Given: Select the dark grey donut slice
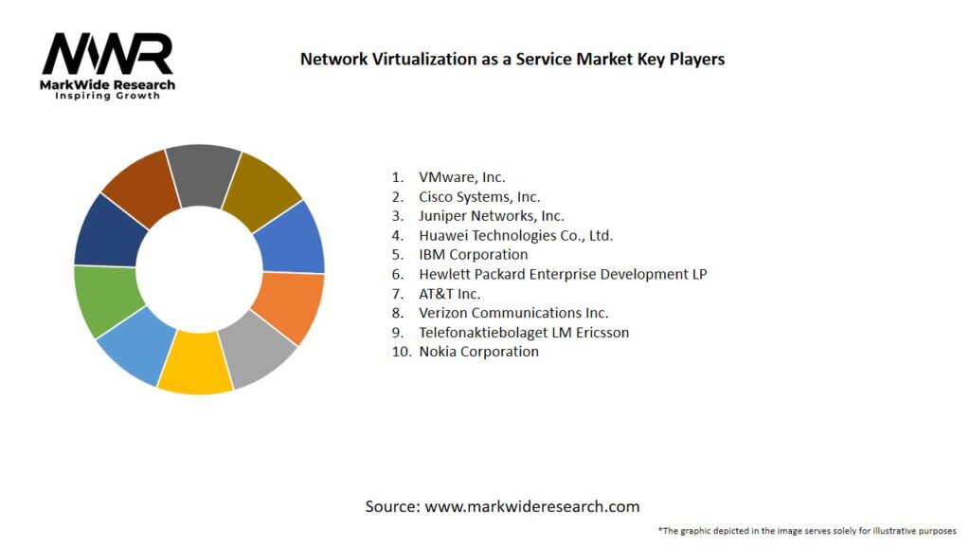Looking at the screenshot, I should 205,174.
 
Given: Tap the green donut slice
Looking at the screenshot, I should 107,300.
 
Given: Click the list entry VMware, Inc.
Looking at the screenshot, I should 462,177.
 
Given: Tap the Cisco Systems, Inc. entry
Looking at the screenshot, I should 479,197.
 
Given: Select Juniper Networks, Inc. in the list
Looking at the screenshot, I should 492,216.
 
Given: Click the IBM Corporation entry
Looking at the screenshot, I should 474,255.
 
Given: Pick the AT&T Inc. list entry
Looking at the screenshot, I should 450,294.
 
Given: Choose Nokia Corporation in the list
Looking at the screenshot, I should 478,352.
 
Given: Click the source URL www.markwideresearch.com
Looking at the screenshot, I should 532,506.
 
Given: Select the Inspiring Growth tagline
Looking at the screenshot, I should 107,96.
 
